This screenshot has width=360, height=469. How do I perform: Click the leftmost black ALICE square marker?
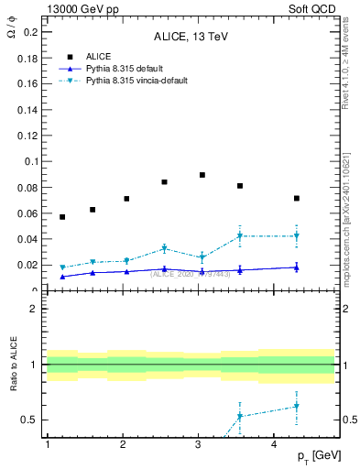pos(62,217)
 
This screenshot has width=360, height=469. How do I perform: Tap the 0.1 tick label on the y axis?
pos(28,161)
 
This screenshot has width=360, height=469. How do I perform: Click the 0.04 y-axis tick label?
pos(26,239)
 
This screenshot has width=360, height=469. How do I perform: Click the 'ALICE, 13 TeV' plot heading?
pos(191,38)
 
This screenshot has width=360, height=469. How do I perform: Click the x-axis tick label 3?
pos(199,444)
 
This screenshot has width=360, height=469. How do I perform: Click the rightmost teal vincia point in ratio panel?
pos(296,407)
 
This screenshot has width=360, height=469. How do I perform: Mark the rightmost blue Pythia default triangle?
pos(296,267)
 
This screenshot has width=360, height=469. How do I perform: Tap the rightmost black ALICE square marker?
pos(296,199)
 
